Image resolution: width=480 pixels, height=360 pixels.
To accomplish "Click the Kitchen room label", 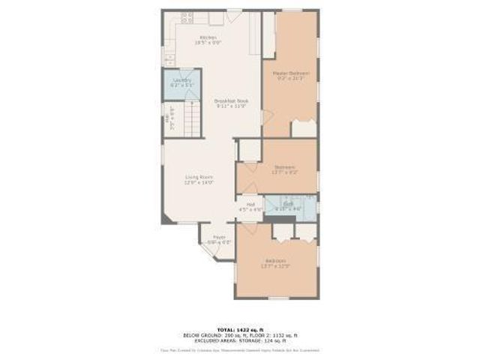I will (208, 37).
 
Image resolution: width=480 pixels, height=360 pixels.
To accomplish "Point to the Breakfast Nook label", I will (232, 101).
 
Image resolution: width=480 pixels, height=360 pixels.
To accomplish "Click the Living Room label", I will (199, 177).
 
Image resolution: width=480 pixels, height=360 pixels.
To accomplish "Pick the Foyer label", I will (219, 237).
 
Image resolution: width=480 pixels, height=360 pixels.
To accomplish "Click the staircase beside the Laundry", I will (192, 119).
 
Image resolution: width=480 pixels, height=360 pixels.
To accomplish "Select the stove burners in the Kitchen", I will (186, 16).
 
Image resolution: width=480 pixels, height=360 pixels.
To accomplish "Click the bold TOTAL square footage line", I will (240, 329).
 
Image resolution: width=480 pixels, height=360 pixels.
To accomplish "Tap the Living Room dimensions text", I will (199, 182).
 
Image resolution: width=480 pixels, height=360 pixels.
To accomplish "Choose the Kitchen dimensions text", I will (208, 43).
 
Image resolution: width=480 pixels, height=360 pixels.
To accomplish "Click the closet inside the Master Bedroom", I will (304, 127).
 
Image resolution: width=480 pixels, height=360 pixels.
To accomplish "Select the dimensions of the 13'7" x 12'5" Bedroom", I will (274, 266).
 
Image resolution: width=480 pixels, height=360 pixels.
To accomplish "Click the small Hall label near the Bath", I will (250, 205).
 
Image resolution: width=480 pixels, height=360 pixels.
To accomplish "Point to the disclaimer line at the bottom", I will (240, 350).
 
